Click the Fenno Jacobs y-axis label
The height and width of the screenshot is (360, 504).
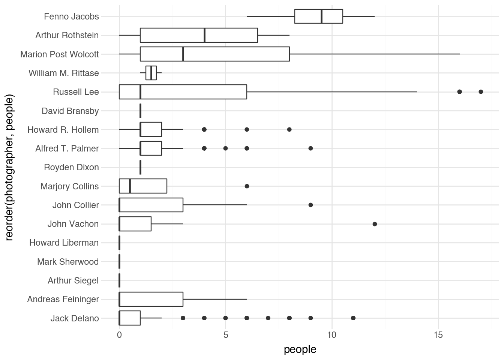coord(71,16)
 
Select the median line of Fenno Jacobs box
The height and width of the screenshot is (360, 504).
coord(321,16)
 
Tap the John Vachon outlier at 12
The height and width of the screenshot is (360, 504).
coord(375,224)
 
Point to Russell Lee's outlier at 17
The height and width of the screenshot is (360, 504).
coord(481,92)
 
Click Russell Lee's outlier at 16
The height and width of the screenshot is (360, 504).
coord(459,92)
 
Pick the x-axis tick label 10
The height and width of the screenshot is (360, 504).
coord(332,334)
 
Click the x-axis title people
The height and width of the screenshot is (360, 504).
coord(300,349)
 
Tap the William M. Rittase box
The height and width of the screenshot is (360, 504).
coord(151,73)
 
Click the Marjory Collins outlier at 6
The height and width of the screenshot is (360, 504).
coord(247,186)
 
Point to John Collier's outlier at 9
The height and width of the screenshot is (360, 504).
coord(310,205)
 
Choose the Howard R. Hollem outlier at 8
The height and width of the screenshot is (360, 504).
coord(289,129)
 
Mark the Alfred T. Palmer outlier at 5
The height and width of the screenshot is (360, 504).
coord(225,148)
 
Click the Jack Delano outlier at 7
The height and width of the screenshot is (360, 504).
coord(268,318)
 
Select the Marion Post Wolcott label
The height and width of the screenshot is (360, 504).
coord(60,54)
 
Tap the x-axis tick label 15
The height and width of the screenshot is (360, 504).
coord(438,334)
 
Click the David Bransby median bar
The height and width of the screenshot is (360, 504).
coord(140,111)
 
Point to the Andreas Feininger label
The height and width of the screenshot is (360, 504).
coord(63,299)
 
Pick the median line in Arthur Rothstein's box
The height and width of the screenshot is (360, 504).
coord(204,35)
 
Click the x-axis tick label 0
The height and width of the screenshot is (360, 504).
coord(119,334)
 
